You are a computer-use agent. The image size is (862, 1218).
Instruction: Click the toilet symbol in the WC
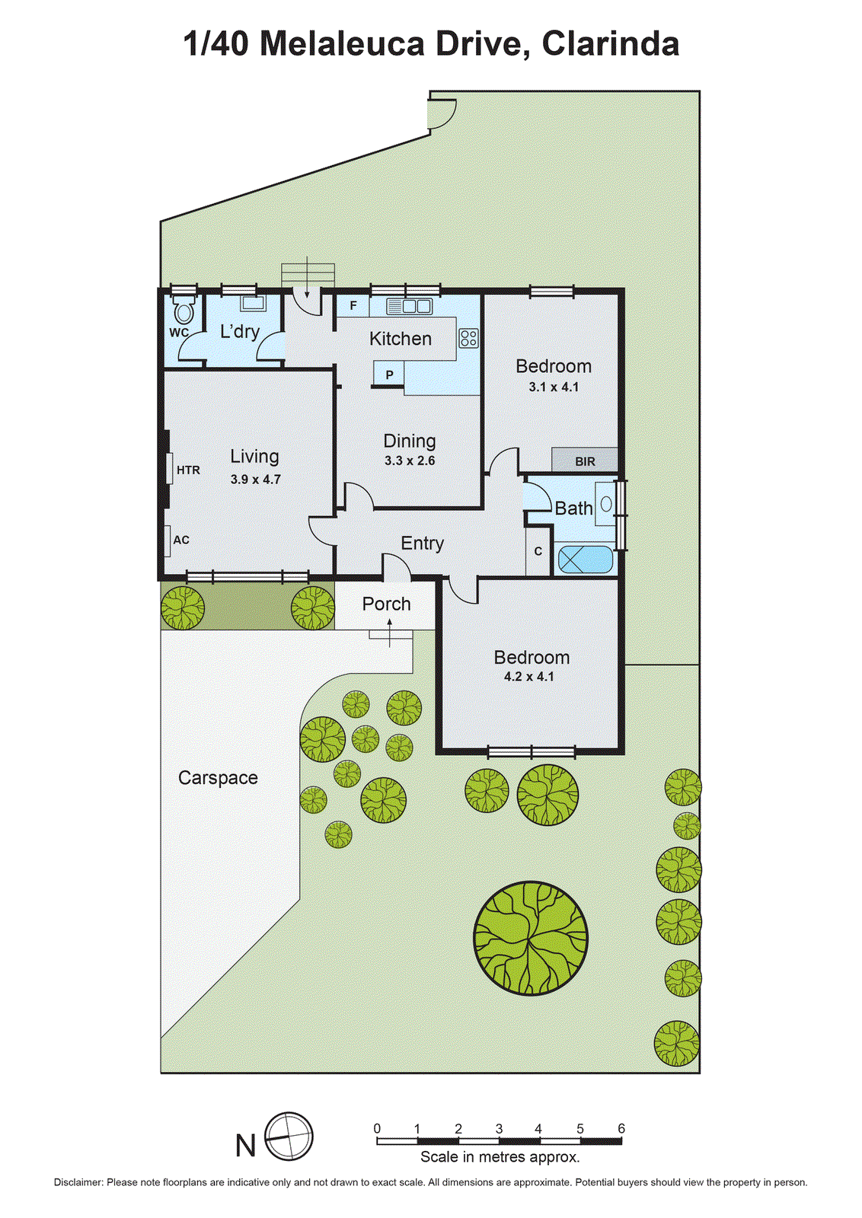(184, 311)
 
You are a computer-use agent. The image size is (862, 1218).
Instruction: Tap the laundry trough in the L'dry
(253, 304)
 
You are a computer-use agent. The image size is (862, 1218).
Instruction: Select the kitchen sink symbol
(409, 306)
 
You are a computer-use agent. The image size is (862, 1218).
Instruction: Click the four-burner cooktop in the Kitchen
(468, 338)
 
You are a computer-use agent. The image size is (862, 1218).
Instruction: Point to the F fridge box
(353, 306)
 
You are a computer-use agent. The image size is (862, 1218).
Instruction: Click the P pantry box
(389, 375)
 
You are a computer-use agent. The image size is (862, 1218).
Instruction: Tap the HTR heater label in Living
(188, 470)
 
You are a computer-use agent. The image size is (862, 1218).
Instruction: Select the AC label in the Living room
(181, 540)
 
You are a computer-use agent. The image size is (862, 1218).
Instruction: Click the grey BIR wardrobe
(585, 461)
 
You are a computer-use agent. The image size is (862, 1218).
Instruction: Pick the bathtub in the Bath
(585, 560)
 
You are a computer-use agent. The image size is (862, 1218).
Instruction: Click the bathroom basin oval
(606, 504)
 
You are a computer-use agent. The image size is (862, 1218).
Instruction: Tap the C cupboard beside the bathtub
(538, 551)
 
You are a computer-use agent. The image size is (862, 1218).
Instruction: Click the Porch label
(386, 604)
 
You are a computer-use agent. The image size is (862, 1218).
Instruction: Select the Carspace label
(218, 778)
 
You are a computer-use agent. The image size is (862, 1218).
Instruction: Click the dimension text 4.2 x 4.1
(529, 677)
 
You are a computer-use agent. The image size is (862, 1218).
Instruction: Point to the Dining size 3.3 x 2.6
(410, 461)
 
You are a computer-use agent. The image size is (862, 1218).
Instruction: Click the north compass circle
(289, 1137)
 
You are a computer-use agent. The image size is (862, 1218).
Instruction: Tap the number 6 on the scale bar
(621, 1129)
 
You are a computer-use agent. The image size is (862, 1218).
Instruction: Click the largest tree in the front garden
(531, 938)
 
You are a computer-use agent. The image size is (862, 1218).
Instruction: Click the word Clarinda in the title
(610, 44)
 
